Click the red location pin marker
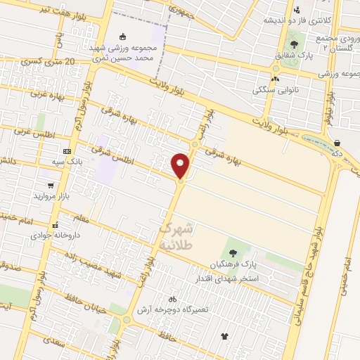pyautogui.click(x=181, y=166)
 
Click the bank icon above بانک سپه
pyautogui.click(x=67, y=151)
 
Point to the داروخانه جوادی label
pyautogui.click(x=59, y=235)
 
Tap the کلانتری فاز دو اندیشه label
pyautogui.click(x=279, y=20)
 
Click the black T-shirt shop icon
pyautogui.click(x=225, y=337)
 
